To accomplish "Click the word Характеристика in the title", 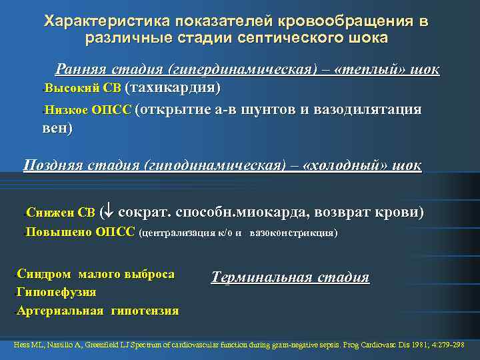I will pos(93,22).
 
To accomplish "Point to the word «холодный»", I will pos(347,165).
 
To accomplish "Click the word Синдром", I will pos(44,275).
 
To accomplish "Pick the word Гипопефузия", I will pos(57,292).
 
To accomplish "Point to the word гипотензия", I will pos(145,311).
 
